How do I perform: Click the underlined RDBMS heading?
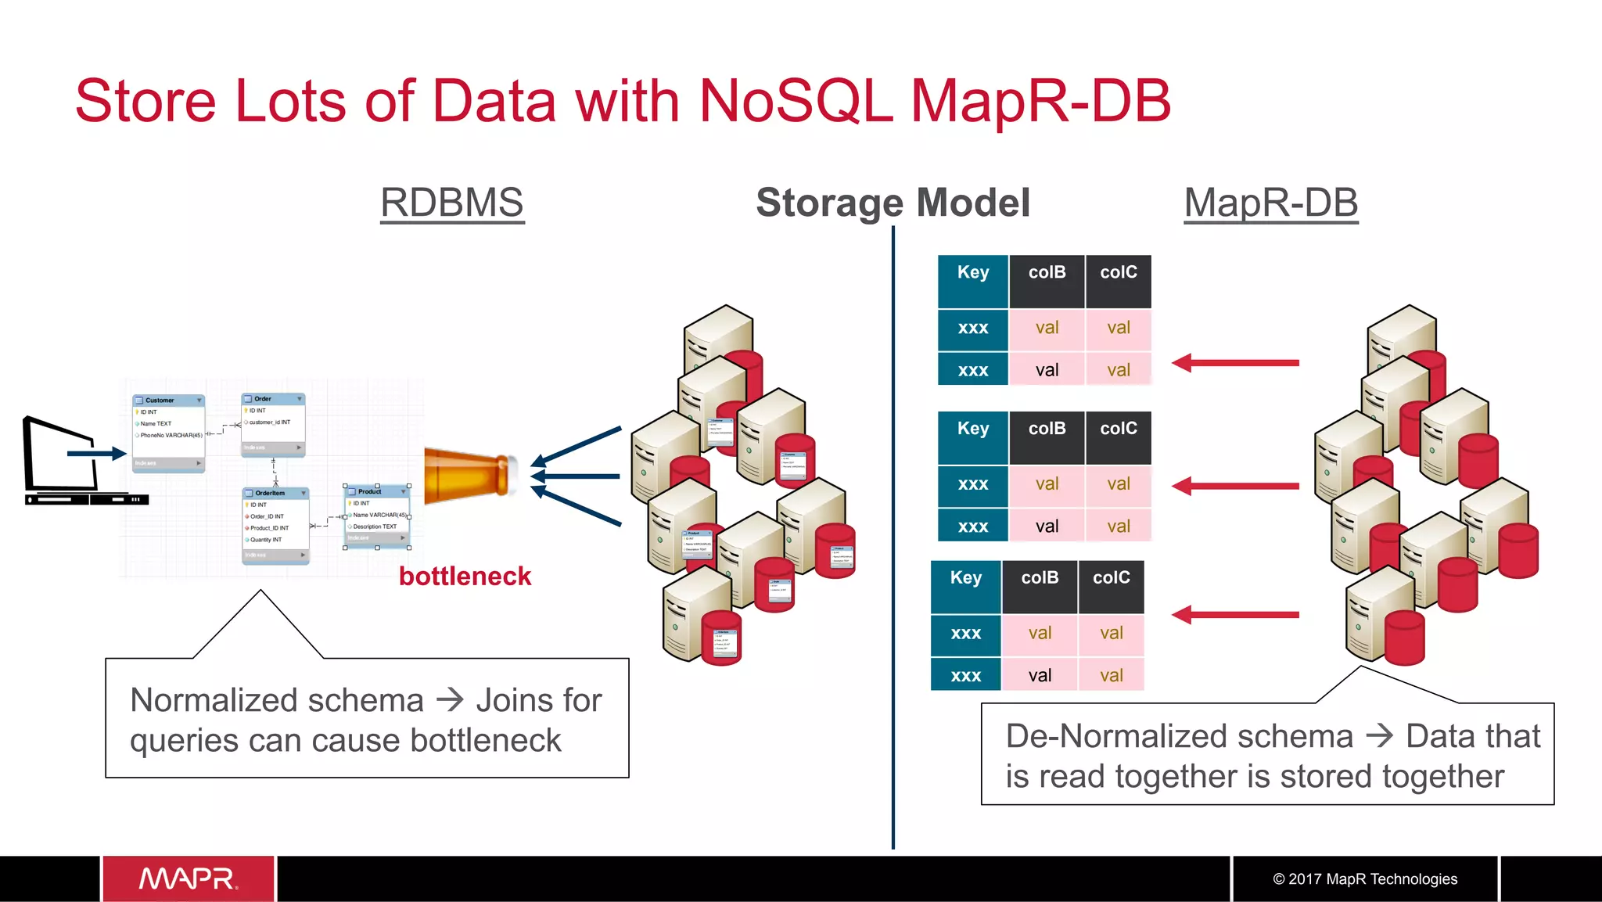pos(452,203)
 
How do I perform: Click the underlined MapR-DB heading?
pos(1270,203)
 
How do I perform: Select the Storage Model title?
pos(893,203)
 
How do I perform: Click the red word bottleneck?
pos(465,577)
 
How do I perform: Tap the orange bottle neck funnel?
pos(469,472)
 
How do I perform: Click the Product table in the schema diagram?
pos(377,516)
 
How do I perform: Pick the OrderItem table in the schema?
pos(276,525)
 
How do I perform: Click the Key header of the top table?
pos(973,273)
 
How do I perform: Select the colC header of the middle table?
pos(1119,429)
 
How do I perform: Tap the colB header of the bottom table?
pos(1040,579)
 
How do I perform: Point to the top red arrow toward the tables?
pos(1236,363)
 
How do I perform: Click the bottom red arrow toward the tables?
pos(1236,615)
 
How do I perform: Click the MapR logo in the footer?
pos(188,879)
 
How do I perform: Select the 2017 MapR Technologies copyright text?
pos(1365,879)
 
